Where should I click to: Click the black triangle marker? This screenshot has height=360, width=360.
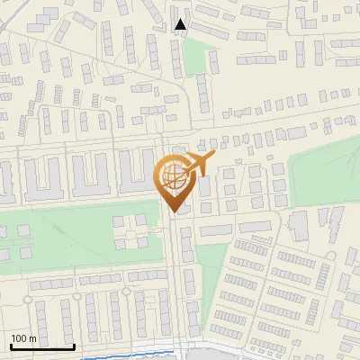click(181, 25)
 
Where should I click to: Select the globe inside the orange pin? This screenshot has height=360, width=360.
click(171, 175)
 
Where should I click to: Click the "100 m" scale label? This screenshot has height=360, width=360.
click(23, 338)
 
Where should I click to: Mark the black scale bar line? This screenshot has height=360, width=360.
click(42, 346)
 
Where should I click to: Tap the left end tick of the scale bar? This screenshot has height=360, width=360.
click(11, 345)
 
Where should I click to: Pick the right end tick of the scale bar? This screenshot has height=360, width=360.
click(74, 345)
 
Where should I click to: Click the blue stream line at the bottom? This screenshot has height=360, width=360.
click(135, 352)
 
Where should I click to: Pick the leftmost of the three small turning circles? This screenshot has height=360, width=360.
click(32, 295)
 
